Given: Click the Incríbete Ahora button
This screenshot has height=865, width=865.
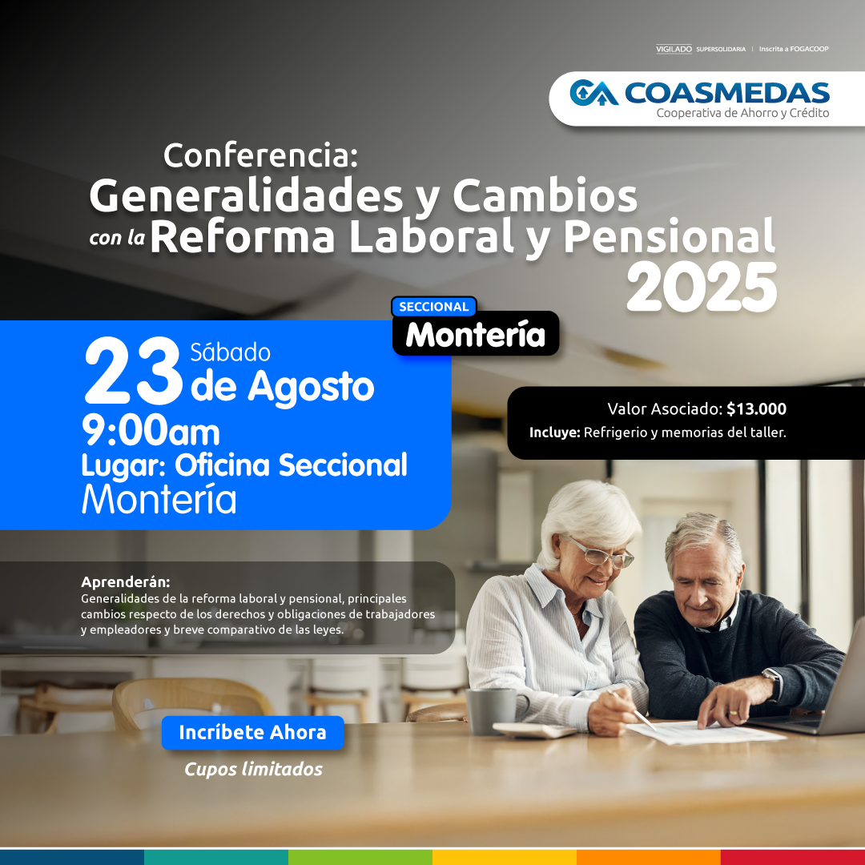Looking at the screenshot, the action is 252,733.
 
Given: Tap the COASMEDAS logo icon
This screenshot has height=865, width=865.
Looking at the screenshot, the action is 593,93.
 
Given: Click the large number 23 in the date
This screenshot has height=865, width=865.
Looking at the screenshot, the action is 132,371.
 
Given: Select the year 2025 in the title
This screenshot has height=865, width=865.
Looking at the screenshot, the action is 702,288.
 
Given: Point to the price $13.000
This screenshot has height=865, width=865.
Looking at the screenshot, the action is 756,408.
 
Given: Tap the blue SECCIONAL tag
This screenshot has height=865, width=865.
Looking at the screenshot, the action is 433,307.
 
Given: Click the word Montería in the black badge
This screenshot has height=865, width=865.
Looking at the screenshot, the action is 476,335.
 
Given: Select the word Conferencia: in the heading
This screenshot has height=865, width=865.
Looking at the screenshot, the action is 261,155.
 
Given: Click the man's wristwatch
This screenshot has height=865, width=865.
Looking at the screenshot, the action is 772,683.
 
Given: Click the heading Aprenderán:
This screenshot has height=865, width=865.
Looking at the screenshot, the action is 125,581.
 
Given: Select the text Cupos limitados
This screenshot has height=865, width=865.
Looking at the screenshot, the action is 253,769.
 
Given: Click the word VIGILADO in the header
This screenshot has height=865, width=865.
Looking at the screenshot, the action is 674,49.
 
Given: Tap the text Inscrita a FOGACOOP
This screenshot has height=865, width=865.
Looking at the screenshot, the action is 794,49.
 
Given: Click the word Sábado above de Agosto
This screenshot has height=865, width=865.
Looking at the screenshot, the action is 230,352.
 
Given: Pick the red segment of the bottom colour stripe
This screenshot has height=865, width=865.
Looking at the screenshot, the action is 793,857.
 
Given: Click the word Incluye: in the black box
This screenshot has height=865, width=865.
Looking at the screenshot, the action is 554,432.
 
